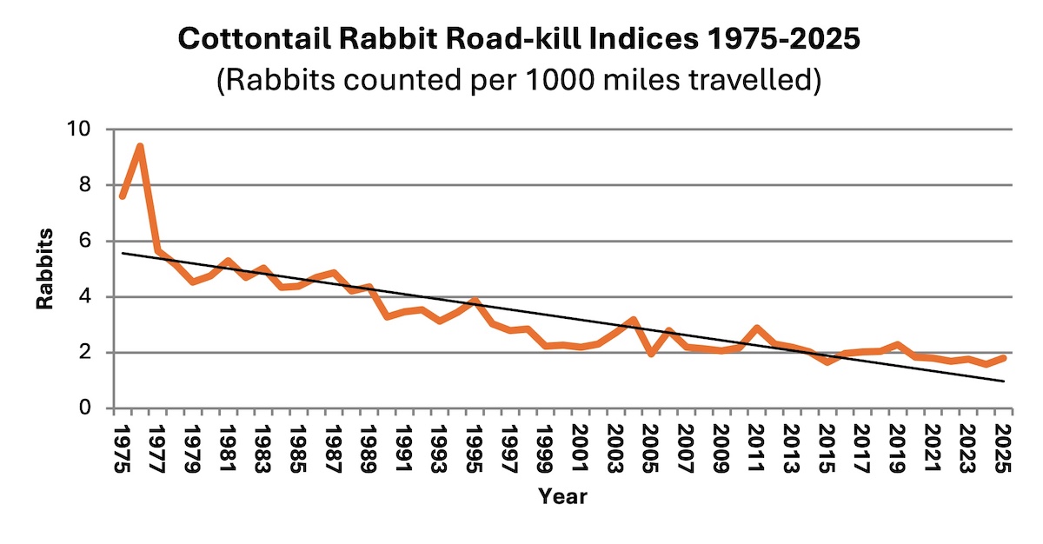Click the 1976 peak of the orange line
139,146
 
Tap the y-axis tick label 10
90,129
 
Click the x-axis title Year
562,497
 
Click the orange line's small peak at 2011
756,328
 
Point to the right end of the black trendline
1006,381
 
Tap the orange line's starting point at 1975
122,196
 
